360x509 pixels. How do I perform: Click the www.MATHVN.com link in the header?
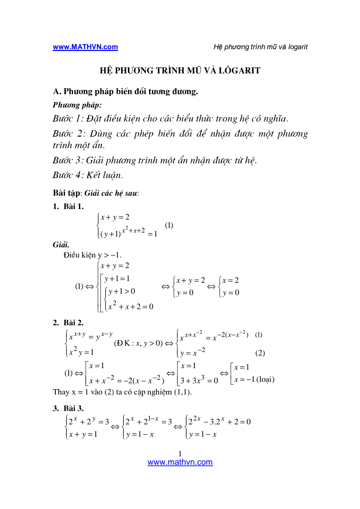[x=85, y=47]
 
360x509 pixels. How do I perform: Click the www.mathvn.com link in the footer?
[x=180, y=462]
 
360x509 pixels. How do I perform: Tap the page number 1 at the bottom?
[x=180, y=453]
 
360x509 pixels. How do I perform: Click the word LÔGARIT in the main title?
[x=239, y=71]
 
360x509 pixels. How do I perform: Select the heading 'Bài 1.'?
[x=73, y=207]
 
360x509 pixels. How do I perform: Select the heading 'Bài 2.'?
[x=73, y=323]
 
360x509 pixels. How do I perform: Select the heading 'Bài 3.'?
[x=73, y=409]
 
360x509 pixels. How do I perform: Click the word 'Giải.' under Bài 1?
[x=61, y=244]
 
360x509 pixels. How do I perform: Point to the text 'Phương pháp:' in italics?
[x=77, y=105]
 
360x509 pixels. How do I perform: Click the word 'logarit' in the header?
[x=298, y=47]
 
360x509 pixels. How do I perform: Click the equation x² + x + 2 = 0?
[x=130, y=306]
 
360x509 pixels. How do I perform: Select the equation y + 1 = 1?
[x=117, y=279]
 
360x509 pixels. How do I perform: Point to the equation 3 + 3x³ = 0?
[x=199, y=380]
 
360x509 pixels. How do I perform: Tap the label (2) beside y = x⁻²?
[x=260, y=353]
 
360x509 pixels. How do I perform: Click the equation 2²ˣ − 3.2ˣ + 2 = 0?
[x=219, y=422]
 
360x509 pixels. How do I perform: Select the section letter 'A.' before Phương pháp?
[x=57, y=92]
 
